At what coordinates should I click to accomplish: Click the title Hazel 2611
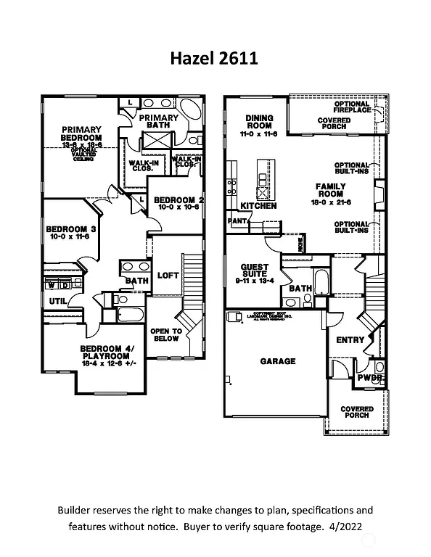[215, 58]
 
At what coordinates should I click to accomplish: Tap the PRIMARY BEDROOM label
[81, 133]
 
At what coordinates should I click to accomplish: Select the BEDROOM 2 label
[178, 199]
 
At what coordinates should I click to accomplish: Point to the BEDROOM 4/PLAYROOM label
[112, 352]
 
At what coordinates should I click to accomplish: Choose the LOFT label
[168, 276]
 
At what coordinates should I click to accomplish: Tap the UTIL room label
[58, 301]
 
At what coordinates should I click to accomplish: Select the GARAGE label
[278, 361]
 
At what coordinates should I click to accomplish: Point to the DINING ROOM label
[259, 121]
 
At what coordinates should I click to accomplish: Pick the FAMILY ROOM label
[330, 191]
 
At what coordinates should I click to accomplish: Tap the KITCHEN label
[259, 206]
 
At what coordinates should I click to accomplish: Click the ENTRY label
[350, 339]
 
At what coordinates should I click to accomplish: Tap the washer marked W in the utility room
[51, 284]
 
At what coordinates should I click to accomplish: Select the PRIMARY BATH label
[158, 122]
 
